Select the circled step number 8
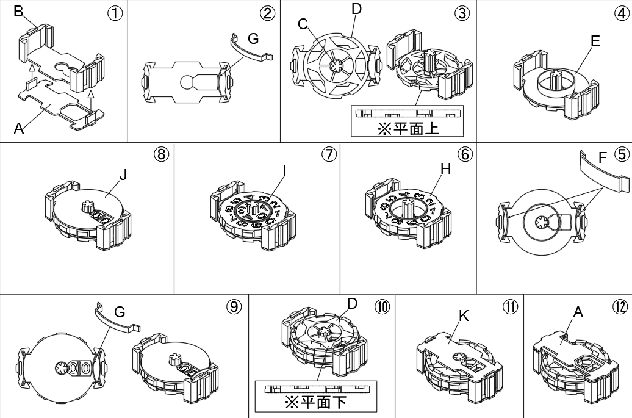point(161,155)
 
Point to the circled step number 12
point(620,307)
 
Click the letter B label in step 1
point(18,12)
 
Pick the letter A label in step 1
point(18,128)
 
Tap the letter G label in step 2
point(253,39)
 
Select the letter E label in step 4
point(595,41)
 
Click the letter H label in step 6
point(445,169)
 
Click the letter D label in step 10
point(351,303)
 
